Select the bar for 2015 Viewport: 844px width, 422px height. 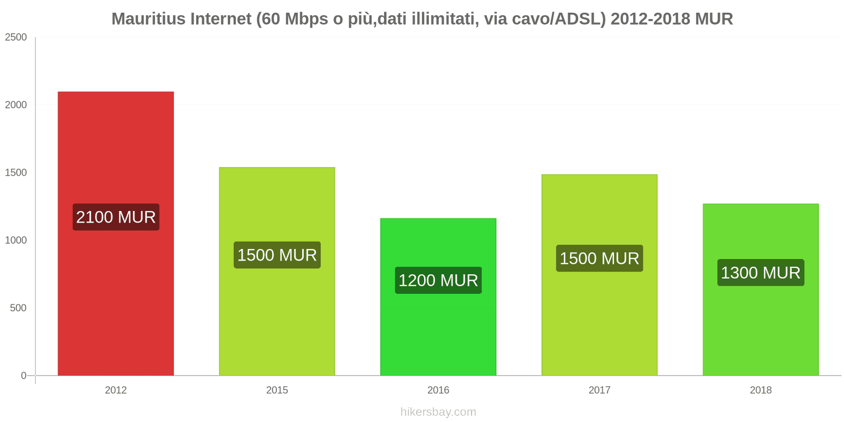pyautogui.click(x=277, y=316)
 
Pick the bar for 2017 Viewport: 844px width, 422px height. pyautogui.click(x=599, y=316)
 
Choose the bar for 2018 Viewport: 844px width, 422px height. pyautogui.click(x=760, y=327)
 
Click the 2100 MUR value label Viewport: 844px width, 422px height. pyautogui.click(x=116, y=217)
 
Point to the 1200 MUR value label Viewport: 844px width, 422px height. pyautogui.click(x=438, y=280)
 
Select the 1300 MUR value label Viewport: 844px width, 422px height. pyautogui.click(x=760, y=273)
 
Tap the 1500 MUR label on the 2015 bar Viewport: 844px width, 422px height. pyautogui.click(x=277, y=255)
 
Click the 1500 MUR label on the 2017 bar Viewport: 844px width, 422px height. pyautogui.click(x=599, y=258)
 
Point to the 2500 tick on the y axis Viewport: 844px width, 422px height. pyautogui.click(x=16, y=37)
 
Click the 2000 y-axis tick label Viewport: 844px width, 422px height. pyautogui.click(x=16, y=105)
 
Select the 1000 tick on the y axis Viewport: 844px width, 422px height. pyautogui.click(x=16, y=241)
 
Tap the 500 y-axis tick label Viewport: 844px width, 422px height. pyautogui.click(x=18, y=308)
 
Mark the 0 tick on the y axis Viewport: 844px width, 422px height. pyautogui.click(x=23, y=376)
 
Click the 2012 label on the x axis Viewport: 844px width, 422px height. pyautogui.click(x=116, y=390)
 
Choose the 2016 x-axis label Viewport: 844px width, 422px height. pyautogui.click(x=438, y=390)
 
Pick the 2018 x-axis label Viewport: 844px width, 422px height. pyautogui.click(x=760, y=390)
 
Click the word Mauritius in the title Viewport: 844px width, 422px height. pyautogui.click(x=148, y=19)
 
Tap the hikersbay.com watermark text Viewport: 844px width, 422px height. pyautogui.click(x=438, y=412)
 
